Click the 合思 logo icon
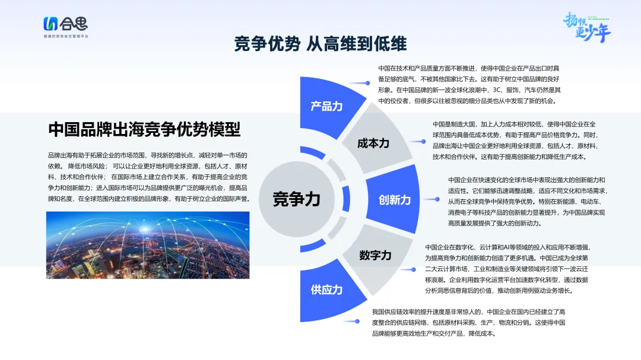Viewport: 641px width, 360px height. click(x=50, y=24)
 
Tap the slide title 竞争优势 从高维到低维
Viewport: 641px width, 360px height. click(x=320, y=44)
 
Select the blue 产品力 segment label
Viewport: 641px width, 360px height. click(x=326, y=107)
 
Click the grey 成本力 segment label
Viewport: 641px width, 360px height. click(x=373, y=144)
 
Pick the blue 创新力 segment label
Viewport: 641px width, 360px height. click(x=395, y=200)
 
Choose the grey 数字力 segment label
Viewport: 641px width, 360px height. click(x=375, y=256)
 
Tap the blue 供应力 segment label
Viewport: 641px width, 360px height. click(x=326, y=289)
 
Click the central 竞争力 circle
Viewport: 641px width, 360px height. click(x=297, y=199)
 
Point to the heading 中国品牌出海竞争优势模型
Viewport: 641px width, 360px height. click(x=144, y=129)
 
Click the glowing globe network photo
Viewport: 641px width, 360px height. click(x=148, y=245)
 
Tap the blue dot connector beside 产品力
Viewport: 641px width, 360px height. click(x=367, y=83)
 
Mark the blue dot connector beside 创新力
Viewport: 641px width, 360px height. click(x=437, y=199)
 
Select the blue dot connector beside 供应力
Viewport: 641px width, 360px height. click(x=357, y=321)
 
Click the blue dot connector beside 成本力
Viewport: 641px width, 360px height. click(x=423, y=141)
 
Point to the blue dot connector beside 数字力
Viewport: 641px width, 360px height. click(x=413, y=270)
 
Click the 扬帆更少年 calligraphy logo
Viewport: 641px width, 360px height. click(x=586, y=27)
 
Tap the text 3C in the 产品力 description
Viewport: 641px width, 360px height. click(x=497, y=90)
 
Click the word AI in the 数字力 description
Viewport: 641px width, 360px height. click(x=506, y=247)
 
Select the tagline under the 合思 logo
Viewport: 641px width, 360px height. click(x=66, y=36)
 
